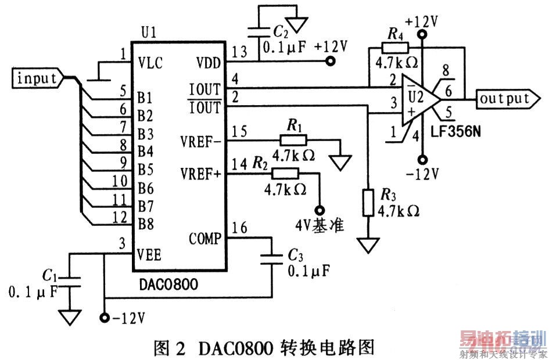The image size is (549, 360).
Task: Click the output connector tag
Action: [503, 99]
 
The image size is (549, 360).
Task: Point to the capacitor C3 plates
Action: [272, 259]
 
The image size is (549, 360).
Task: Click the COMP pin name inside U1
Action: [205, 239]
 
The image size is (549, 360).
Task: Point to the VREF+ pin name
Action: [202, 172]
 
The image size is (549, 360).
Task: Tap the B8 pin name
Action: [145, 222]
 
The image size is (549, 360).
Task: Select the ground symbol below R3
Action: [367, 246]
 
